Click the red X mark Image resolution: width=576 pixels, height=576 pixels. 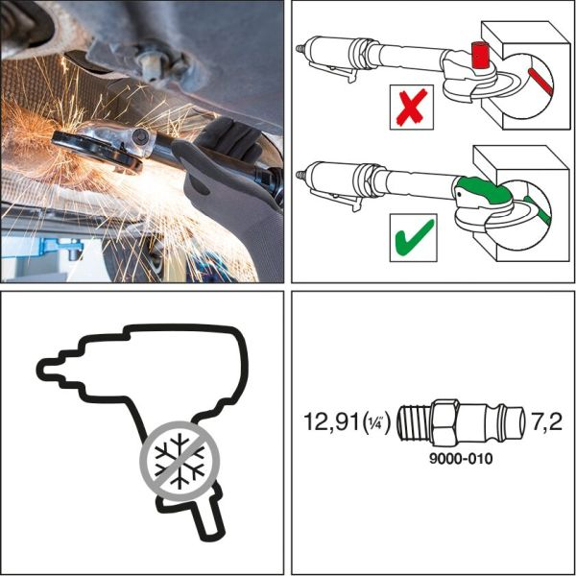point(410,108)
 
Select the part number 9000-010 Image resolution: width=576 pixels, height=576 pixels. point(462,459)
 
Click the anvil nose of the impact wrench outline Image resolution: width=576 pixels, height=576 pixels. point(53,369)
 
